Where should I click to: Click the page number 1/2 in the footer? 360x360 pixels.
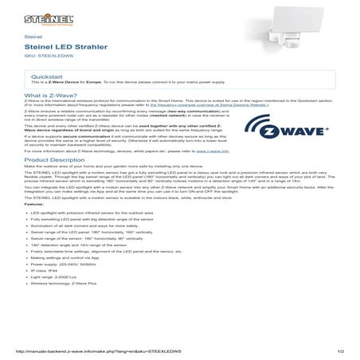[x=341, y=350]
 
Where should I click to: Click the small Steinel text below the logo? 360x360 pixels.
[x=33, y=37]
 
